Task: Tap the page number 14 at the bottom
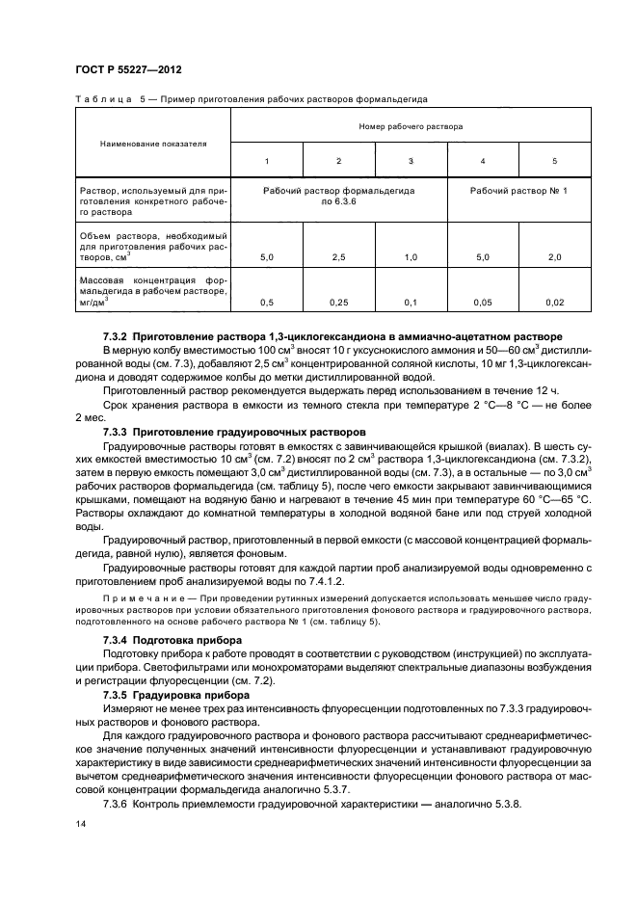pos(81,822)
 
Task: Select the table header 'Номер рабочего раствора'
pos(411,126)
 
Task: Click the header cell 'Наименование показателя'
pos(153,144)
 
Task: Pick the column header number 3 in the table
pos(411,160)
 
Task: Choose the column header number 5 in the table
pos(554,160)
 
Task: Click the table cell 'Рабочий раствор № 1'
pos(518,191)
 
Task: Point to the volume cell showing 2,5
pos(338,257)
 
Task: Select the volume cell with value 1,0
pos(411,257)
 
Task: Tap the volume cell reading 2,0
pos(554,257)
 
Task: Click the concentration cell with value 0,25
pos(338,303)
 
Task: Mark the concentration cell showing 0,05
pos(482,303)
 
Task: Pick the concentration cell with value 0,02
pos(554,303)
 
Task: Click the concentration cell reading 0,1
pos(411,303)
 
